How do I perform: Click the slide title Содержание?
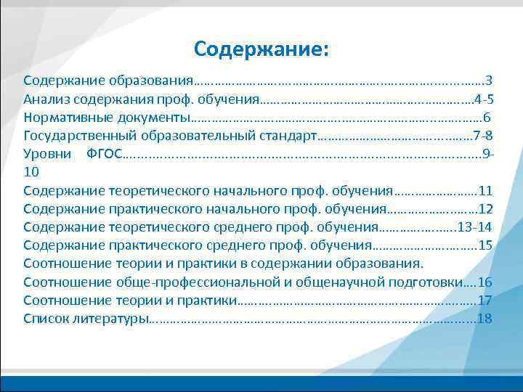[261, 49]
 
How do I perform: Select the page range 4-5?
[484, 99]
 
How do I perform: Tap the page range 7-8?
[482, 136]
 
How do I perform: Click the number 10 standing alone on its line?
[31, 173]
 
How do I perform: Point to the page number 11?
[486, 191]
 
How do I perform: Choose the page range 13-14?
[475, 227]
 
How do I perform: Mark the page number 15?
[486, 245]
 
